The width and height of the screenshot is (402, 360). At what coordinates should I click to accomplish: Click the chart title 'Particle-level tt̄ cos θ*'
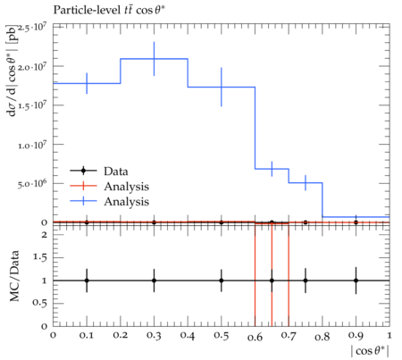pyautogui.click(x=109, y=10)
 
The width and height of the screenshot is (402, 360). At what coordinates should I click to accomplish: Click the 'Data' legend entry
pyautogui.click(x=116, y=172)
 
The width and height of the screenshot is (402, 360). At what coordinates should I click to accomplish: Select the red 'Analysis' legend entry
pyautogui.click(x=126, y=187)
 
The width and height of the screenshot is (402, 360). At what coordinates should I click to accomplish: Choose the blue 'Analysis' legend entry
pyautogui.click(x=126, y=202)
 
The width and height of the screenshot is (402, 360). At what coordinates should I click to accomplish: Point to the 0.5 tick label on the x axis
pyautogui.click(x=222, y=336)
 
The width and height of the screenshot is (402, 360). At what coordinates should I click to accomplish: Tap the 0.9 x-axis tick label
pyautogui.click(x=356, y=336)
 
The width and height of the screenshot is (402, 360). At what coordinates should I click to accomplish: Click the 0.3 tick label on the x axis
pyautogui.click(x=154, y=336)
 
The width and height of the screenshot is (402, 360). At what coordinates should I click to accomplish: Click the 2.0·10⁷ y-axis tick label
pyautogui.click(x=32, y=66)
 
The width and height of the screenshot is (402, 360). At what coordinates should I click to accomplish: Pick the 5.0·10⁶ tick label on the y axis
pyautogui.click(x=32, y=183)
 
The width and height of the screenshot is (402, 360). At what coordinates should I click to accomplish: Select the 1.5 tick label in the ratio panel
pyautogui.click(x=40, y=257)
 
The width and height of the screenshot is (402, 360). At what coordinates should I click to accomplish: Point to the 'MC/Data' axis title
pyautogui.click(x=14, y=276)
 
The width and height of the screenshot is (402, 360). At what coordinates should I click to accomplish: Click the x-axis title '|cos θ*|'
pyautogui.click(x=370, y=351)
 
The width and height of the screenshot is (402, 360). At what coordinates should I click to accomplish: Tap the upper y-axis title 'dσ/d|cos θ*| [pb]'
pyautogui.click(x=13, y=70)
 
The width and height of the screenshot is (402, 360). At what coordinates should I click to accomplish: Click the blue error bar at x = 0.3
pyautogui.click(x=154, y=59)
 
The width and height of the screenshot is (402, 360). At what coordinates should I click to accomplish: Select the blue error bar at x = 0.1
pyautogui.click(x=87, y=83)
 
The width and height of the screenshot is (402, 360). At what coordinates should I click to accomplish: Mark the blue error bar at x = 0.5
pyautogui.click(x=222, y=87)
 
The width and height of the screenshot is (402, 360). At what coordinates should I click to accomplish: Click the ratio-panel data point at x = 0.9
pyautogui.click(x=356, y=280)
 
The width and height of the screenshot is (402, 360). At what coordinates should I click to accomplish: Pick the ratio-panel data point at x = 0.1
pyautogui.click(x=87, y=280)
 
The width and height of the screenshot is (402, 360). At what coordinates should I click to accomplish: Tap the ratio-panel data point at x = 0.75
pyautogui.click(x=306, y=280)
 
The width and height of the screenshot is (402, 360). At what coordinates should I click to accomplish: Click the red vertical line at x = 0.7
pyautogui.click(x=289, y=275)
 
